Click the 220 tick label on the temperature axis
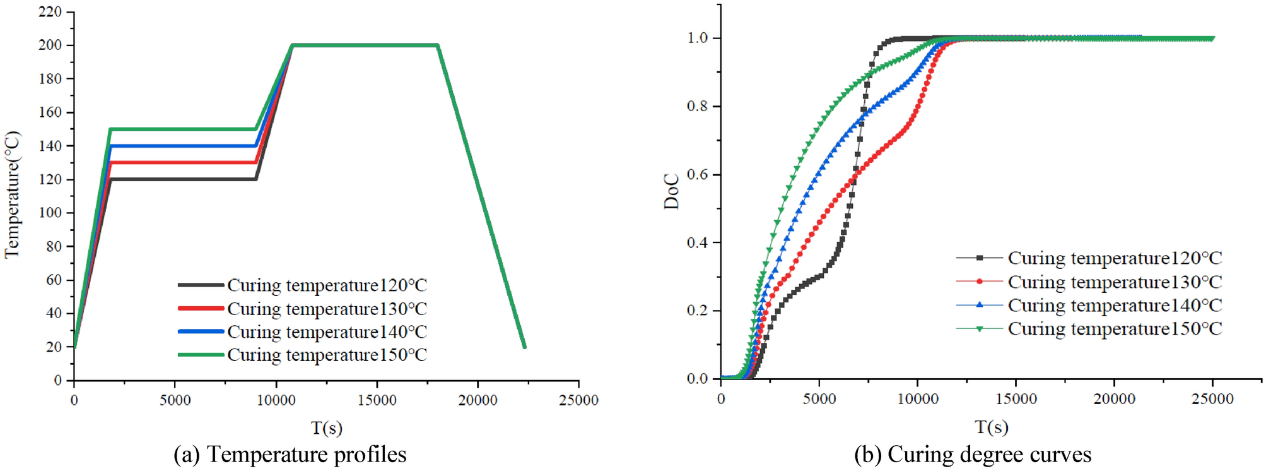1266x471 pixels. point(50,12)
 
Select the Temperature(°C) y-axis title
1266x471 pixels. point(13,194)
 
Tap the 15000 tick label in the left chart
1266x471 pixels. point(377,400)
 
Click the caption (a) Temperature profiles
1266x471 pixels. point(290,454)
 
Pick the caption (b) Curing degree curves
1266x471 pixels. point(972,454)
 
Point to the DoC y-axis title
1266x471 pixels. point(672,191)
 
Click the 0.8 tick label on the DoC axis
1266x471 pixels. point(698,106)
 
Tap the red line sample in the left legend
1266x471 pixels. point(201,308)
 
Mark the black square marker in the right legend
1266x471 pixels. point(980,258)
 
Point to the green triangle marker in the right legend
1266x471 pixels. point(980,329)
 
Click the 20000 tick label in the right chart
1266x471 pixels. point(1114,399)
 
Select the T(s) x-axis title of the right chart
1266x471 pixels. point(991,427)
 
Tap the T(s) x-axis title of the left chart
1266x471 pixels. point(327,428)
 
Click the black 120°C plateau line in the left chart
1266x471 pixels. point(183,179)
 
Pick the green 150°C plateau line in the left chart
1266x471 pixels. point(183,129)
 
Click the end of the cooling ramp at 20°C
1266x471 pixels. point(524,346)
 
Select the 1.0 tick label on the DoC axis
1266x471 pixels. point(698,38)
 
